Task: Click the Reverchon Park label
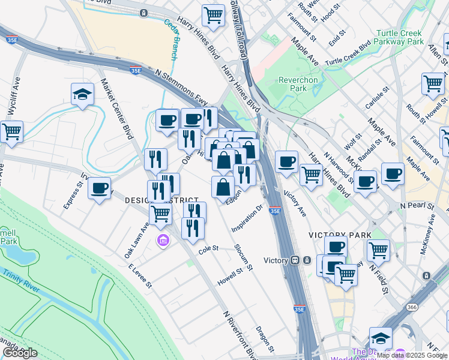click(292, 84)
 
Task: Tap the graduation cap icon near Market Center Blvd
click(82, 94)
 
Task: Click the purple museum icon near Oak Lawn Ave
click(161, 241)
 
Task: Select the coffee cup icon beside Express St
click(99, 188)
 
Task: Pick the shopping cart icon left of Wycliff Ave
click(10, 131)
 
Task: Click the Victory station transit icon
click(295, 260)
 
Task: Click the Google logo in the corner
click(20, 353)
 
